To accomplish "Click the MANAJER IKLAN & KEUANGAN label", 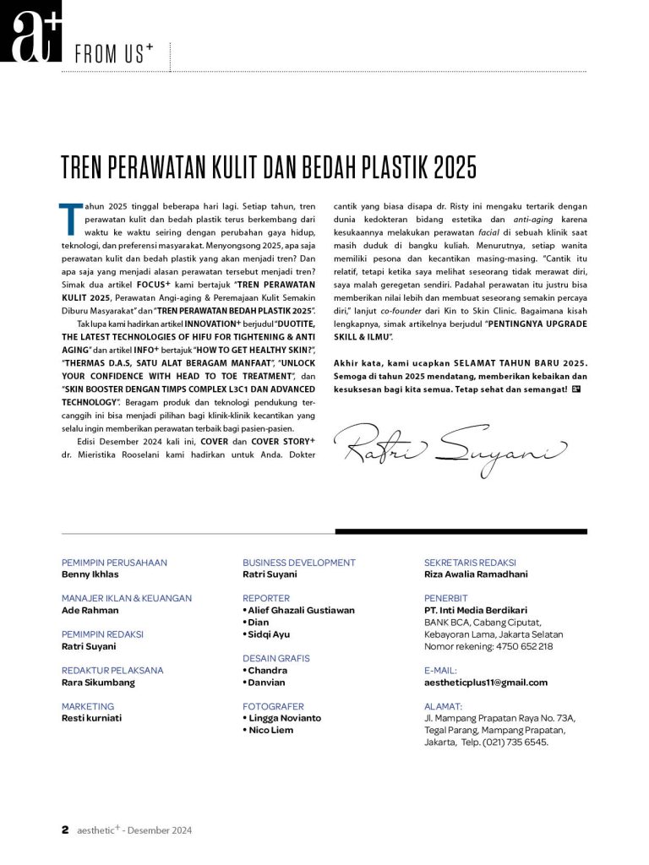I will pyautogui.click(x=126, y=598).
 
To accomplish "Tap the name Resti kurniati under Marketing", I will pyautogui.click(x=91, y=718).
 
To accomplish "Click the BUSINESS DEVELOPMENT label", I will pyautogui.click(x=299, y=563).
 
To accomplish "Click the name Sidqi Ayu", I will pyautogui.click(x=270, y=634).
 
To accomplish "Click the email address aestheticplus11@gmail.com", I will pyautogui.click(x=485, y=683).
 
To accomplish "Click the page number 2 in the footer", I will pyautogui.click(x=65, y=830).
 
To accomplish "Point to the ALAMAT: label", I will pyautogui.click(x=443, y=706).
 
